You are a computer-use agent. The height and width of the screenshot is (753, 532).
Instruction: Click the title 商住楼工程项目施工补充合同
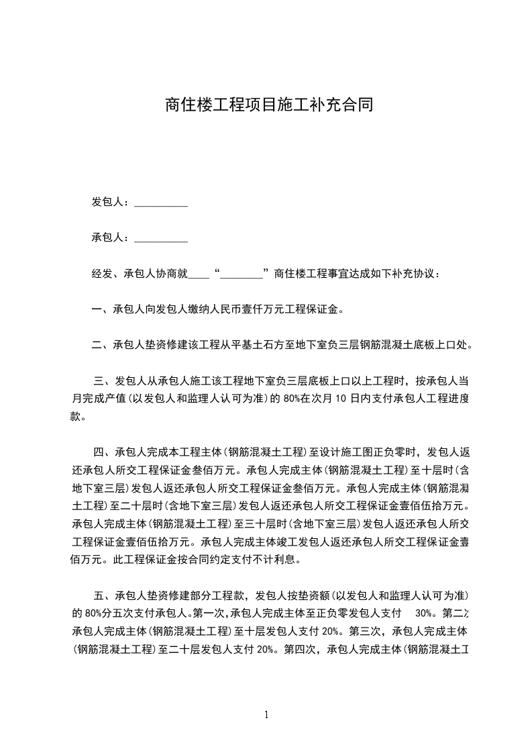tap(268, 105)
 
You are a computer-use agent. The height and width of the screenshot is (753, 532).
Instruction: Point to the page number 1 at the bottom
tap(266, 715)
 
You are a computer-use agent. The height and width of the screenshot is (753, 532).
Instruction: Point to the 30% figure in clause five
tap(424, 613)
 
